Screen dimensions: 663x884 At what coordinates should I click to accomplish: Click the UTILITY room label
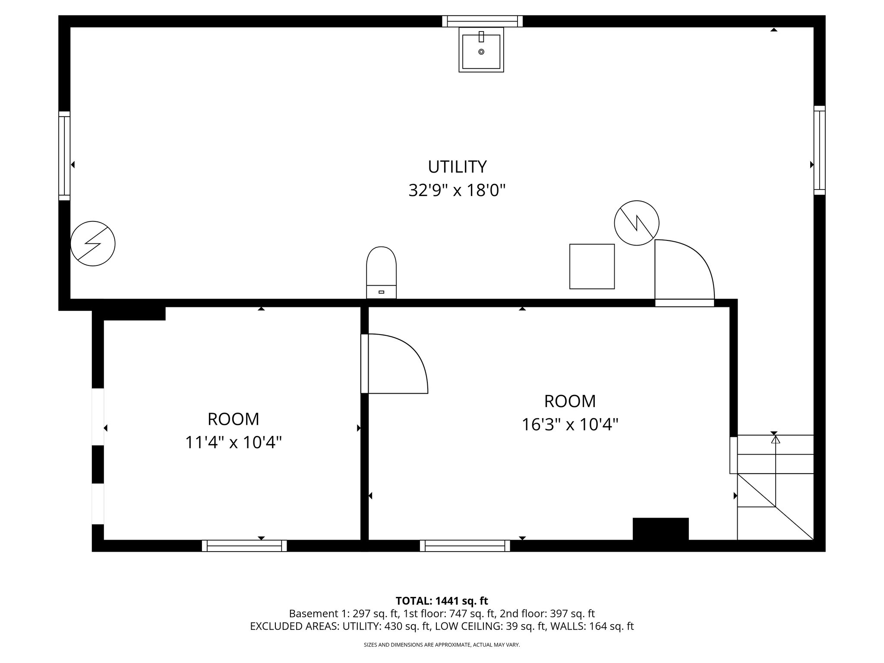(457, 167)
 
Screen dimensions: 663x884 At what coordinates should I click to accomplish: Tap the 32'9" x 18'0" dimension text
(457, 190)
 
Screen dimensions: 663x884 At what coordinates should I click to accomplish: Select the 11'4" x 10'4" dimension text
(233, 442)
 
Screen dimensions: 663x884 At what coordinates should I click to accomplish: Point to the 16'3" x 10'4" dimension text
(570, 424)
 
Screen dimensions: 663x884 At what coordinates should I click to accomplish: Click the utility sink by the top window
(481, 50)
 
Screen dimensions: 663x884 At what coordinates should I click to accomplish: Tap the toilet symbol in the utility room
(381, 272)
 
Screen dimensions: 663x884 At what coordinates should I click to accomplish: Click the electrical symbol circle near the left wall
(93, 243)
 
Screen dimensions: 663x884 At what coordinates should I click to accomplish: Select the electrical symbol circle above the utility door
(636, 223)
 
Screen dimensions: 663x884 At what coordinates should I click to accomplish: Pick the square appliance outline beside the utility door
(592, 266)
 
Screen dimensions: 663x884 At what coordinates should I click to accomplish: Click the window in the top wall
(482, 21)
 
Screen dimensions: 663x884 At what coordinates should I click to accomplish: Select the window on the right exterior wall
(819, 150)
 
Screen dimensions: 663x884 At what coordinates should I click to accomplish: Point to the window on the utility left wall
(64, 156)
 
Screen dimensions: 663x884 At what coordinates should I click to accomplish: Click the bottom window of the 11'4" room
(244, 546)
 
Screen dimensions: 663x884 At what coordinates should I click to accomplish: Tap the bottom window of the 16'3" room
(465, 546)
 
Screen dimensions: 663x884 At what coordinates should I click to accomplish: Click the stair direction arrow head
(776, 440)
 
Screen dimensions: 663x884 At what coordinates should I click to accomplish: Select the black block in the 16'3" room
(660, 528)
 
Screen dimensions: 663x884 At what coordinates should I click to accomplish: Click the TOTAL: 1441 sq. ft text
(442, 601)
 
